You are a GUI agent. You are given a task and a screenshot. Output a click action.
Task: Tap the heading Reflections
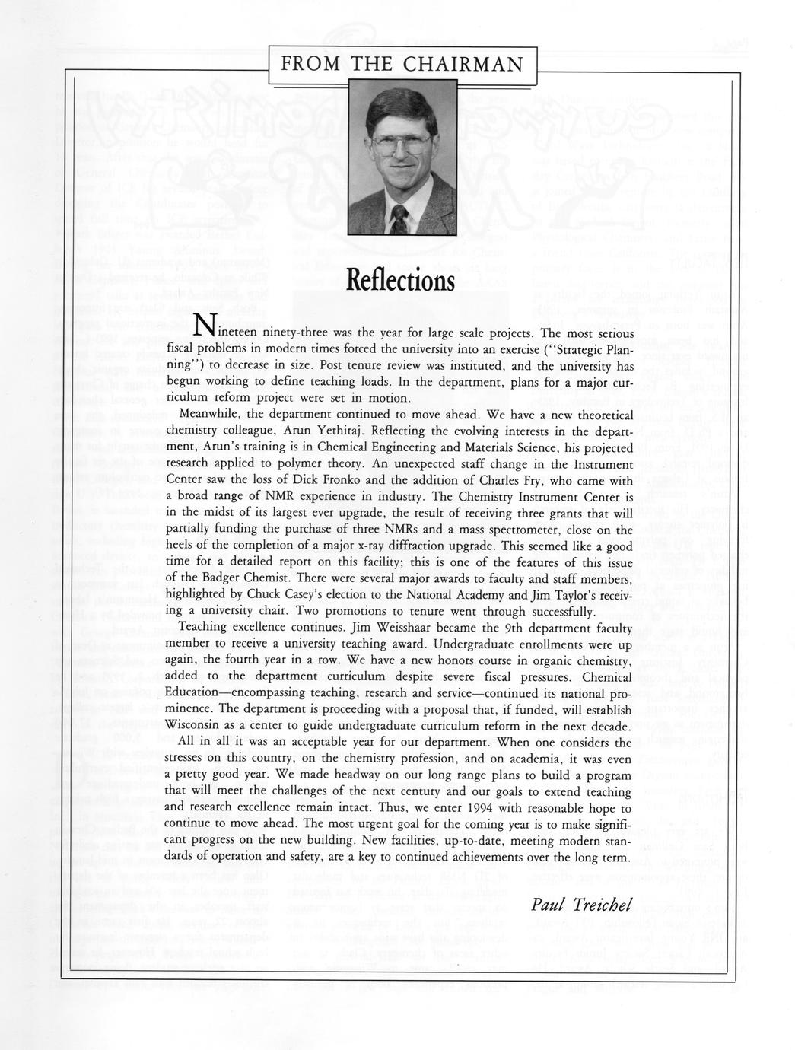(x=400, y=281)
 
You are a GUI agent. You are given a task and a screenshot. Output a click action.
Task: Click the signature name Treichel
(x=601, y=905)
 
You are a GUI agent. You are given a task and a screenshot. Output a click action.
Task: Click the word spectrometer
(x=552, y=530)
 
